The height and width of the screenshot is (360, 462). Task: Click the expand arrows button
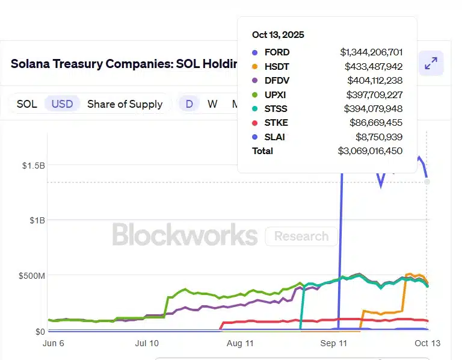431,64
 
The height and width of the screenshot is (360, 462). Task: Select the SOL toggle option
26,104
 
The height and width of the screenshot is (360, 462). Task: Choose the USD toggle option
62,104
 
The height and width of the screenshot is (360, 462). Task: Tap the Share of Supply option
125,104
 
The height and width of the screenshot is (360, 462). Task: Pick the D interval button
189,104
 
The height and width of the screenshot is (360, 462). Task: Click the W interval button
212,104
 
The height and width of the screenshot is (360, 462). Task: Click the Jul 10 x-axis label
147,343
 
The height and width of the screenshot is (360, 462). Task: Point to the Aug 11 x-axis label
240,343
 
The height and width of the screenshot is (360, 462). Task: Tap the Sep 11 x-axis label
334,343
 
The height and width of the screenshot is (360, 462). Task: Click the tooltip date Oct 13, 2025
278,35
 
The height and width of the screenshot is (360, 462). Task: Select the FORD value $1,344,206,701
371,52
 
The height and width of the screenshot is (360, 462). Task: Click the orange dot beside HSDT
255,66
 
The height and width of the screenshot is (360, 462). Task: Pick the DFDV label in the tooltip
277,80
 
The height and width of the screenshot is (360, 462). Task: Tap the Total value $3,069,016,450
370,151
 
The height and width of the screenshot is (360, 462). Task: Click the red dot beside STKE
255,123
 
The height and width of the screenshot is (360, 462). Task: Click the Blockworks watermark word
185,235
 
